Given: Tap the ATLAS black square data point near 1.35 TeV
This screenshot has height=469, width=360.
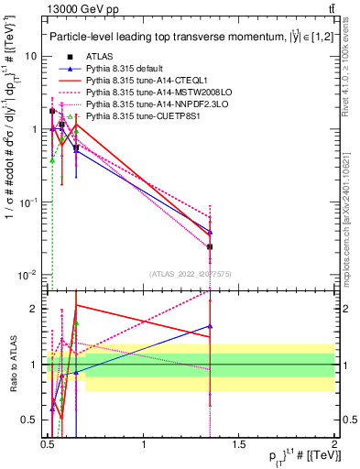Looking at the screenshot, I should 210,246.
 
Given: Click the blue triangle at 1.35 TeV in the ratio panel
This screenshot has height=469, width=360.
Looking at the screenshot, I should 210,325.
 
